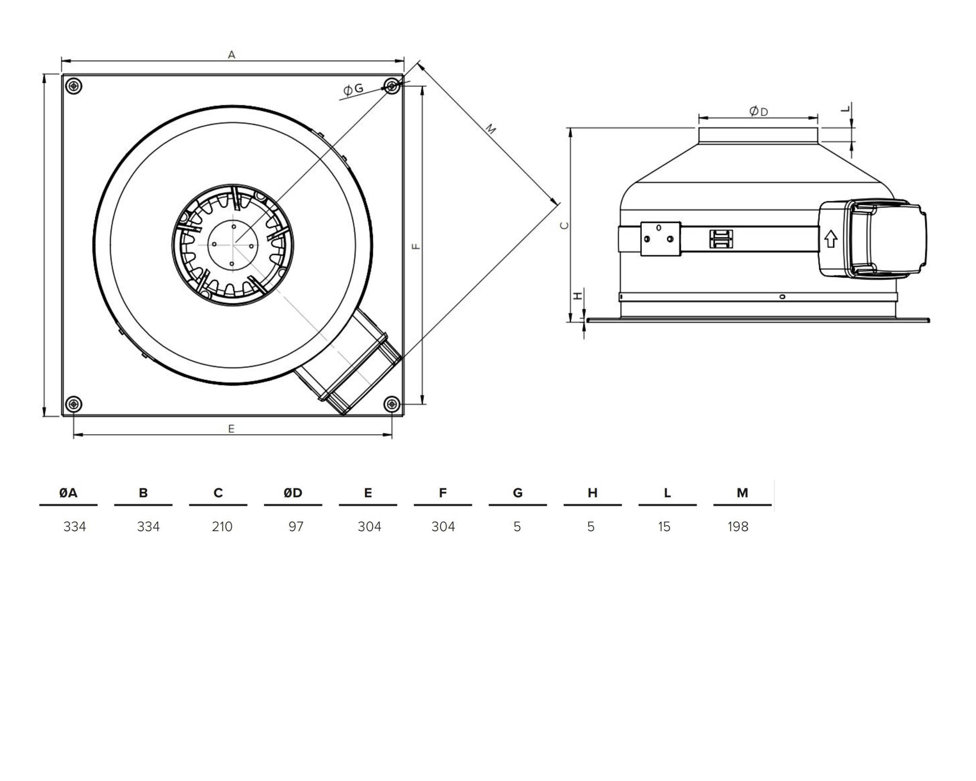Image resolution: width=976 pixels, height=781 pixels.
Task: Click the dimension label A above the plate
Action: (232, 55)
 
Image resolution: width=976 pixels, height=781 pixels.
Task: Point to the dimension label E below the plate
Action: (232, 428)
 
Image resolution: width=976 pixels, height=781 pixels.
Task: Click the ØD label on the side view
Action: (759, 111)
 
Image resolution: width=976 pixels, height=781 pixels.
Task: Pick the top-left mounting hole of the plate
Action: (74, 86)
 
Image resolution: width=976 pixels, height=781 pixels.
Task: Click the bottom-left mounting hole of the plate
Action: (74, 404)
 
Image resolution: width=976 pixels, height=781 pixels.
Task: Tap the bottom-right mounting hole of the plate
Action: (392, 404)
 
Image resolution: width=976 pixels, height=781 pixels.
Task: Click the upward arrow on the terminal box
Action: (831, 239)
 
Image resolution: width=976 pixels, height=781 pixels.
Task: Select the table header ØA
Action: (68, 492)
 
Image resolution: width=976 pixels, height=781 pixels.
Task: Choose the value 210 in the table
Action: (222, 526)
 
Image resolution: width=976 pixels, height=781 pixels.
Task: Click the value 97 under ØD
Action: (296, 526)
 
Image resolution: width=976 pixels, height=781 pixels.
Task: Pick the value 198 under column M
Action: (738, 526)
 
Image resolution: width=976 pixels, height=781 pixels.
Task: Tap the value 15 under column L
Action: (664, 526)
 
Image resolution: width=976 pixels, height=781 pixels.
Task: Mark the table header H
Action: (592, 492)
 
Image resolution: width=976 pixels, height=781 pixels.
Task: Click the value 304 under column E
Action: (369, 526)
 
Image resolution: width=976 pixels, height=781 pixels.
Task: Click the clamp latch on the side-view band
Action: (721, 239)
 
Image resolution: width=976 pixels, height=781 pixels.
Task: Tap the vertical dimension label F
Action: (417, 247)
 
